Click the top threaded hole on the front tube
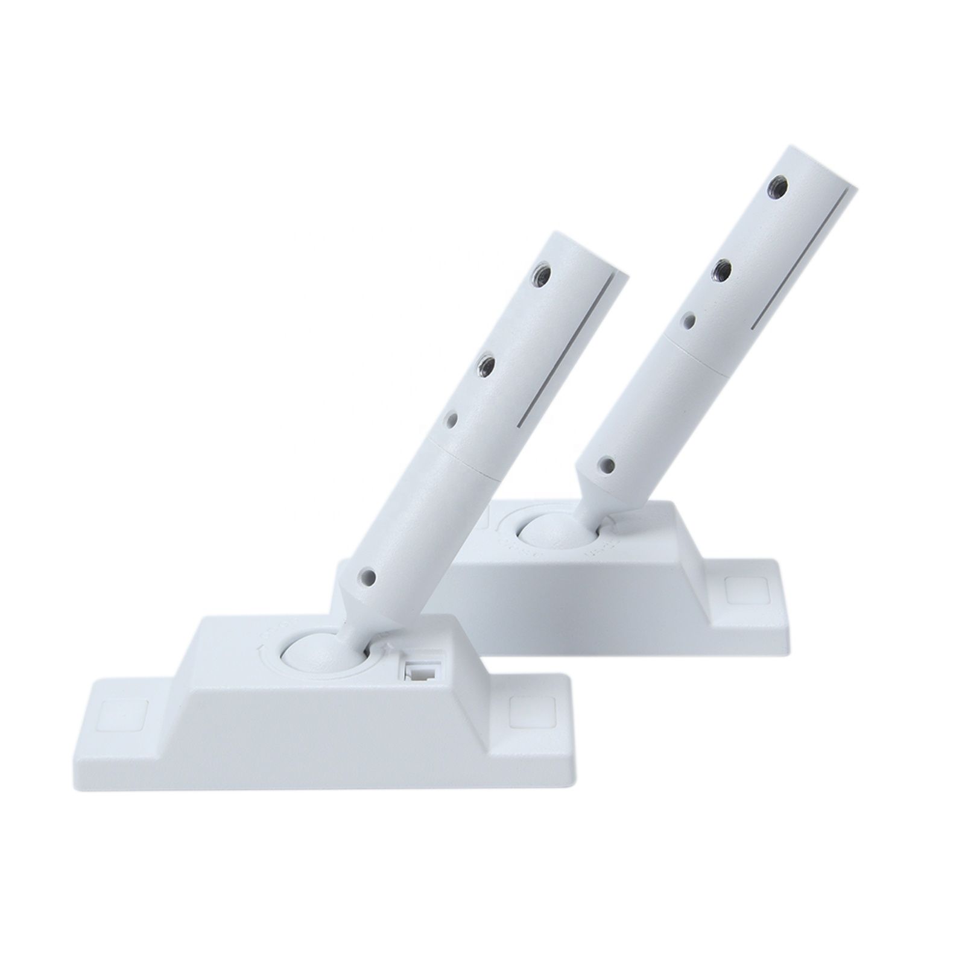coord(538,276)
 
